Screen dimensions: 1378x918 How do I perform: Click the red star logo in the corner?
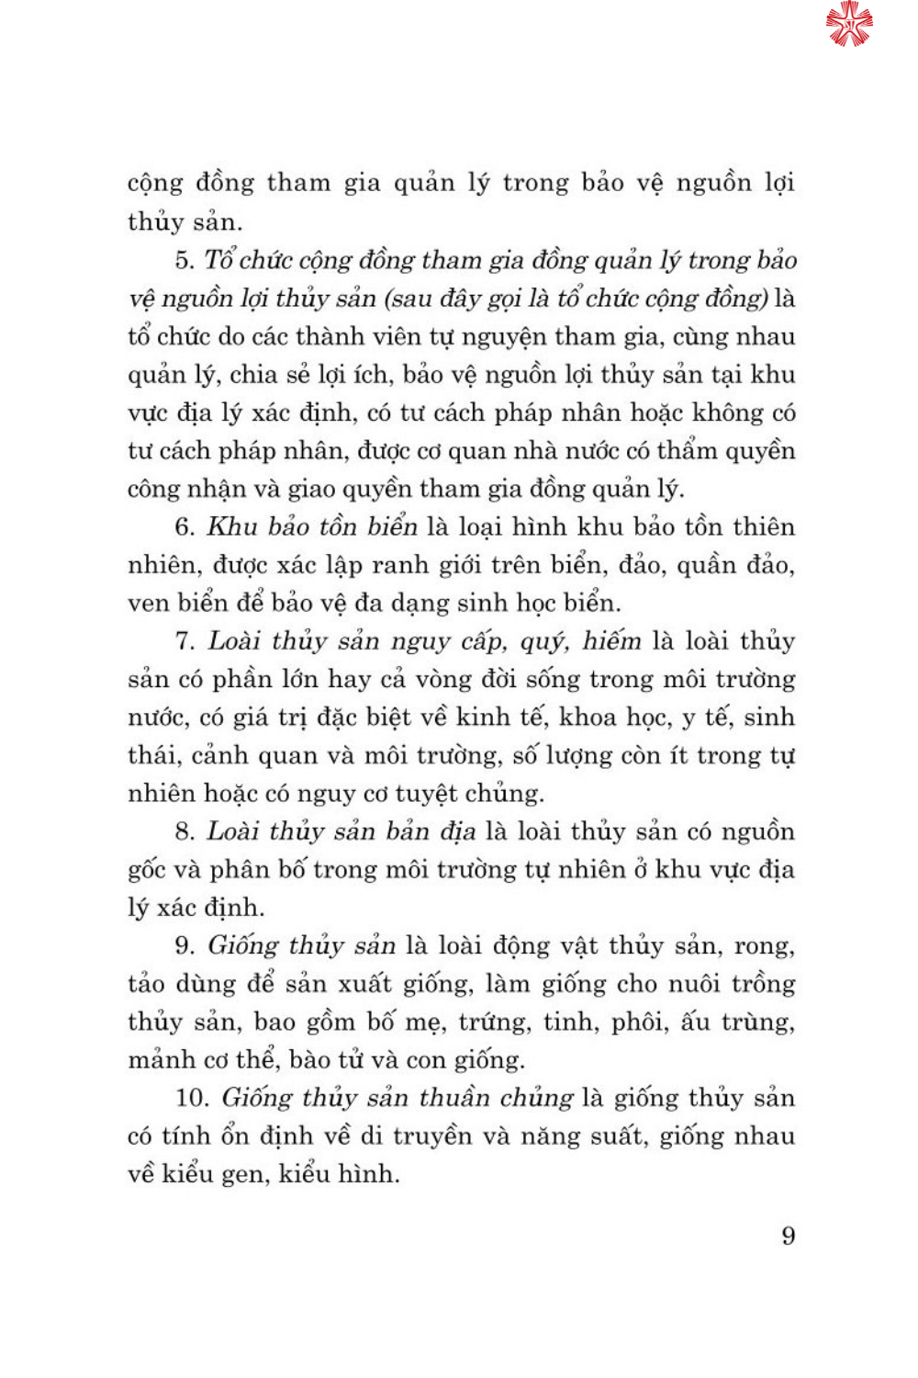[x=848, y=24]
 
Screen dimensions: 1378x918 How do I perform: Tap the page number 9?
[x=788, y=1236]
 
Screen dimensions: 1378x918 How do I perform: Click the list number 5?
[x=185, y=260]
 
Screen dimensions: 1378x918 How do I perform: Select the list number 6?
[x=185, y=527]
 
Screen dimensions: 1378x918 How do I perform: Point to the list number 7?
[x=185, y=641]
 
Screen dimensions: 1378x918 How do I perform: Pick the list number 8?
[x=185, y=832]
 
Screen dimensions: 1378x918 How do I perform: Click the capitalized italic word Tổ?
[x=219, y=259]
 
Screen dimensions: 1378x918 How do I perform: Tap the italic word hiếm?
[x=611, y=640]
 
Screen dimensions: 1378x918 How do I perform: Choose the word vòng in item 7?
[x=445, y=680]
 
